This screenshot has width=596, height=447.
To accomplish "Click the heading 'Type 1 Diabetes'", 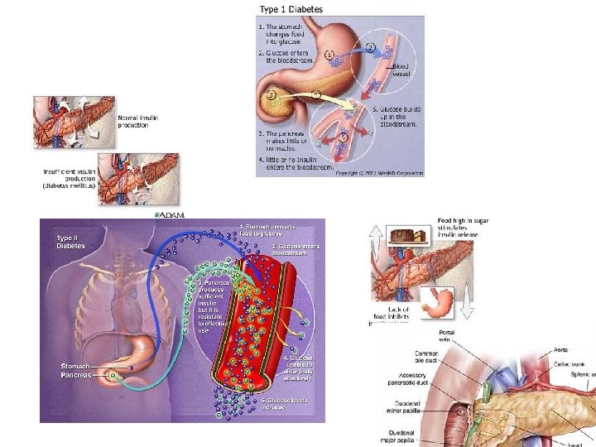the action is click(291, 9).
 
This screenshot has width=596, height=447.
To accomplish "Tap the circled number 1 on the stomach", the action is click(329, 55).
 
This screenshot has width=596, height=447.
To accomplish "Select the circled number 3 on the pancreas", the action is click(271, 95).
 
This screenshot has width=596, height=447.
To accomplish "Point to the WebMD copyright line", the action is click(379, 173).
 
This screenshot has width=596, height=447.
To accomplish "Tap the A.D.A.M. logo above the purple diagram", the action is click(170, 214).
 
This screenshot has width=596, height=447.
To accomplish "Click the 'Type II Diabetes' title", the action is click(70, 242).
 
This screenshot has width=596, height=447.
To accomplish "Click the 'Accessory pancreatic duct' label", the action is click(416, 382).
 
